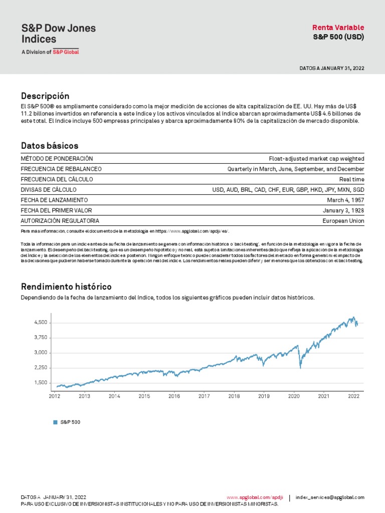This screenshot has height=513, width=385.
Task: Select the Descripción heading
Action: coord(45,96)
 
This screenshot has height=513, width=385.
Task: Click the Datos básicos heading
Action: coord(49,146)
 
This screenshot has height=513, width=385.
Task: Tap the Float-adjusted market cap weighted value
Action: coord(316,159)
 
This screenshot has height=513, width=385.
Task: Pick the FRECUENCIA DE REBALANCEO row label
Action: coord(61,169)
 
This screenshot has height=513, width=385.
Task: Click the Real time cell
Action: coord(352,179)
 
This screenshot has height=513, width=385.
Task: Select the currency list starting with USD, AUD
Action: coord(288,190)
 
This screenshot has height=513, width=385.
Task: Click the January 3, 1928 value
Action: coord(343,210)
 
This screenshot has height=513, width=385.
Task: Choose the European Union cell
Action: coord(343,221)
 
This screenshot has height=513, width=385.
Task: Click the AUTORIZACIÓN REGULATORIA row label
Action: coord(60,221)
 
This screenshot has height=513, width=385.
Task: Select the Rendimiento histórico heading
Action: coord(66,287)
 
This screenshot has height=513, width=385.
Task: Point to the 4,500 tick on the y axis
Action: coord(41,323)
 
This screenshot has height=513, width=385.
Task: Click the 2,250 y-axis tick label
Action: coord(41,368)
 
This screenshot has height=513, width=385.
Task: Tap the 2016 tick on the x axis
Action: coord(174,396)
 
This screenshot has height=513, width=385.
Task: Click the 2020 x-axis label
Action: coord(294,396)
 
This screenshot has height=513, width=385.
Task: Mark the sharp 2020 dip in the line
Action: coord(300,368)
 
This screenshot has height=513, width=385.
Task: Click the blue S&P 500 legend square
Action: coord(56,422)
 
